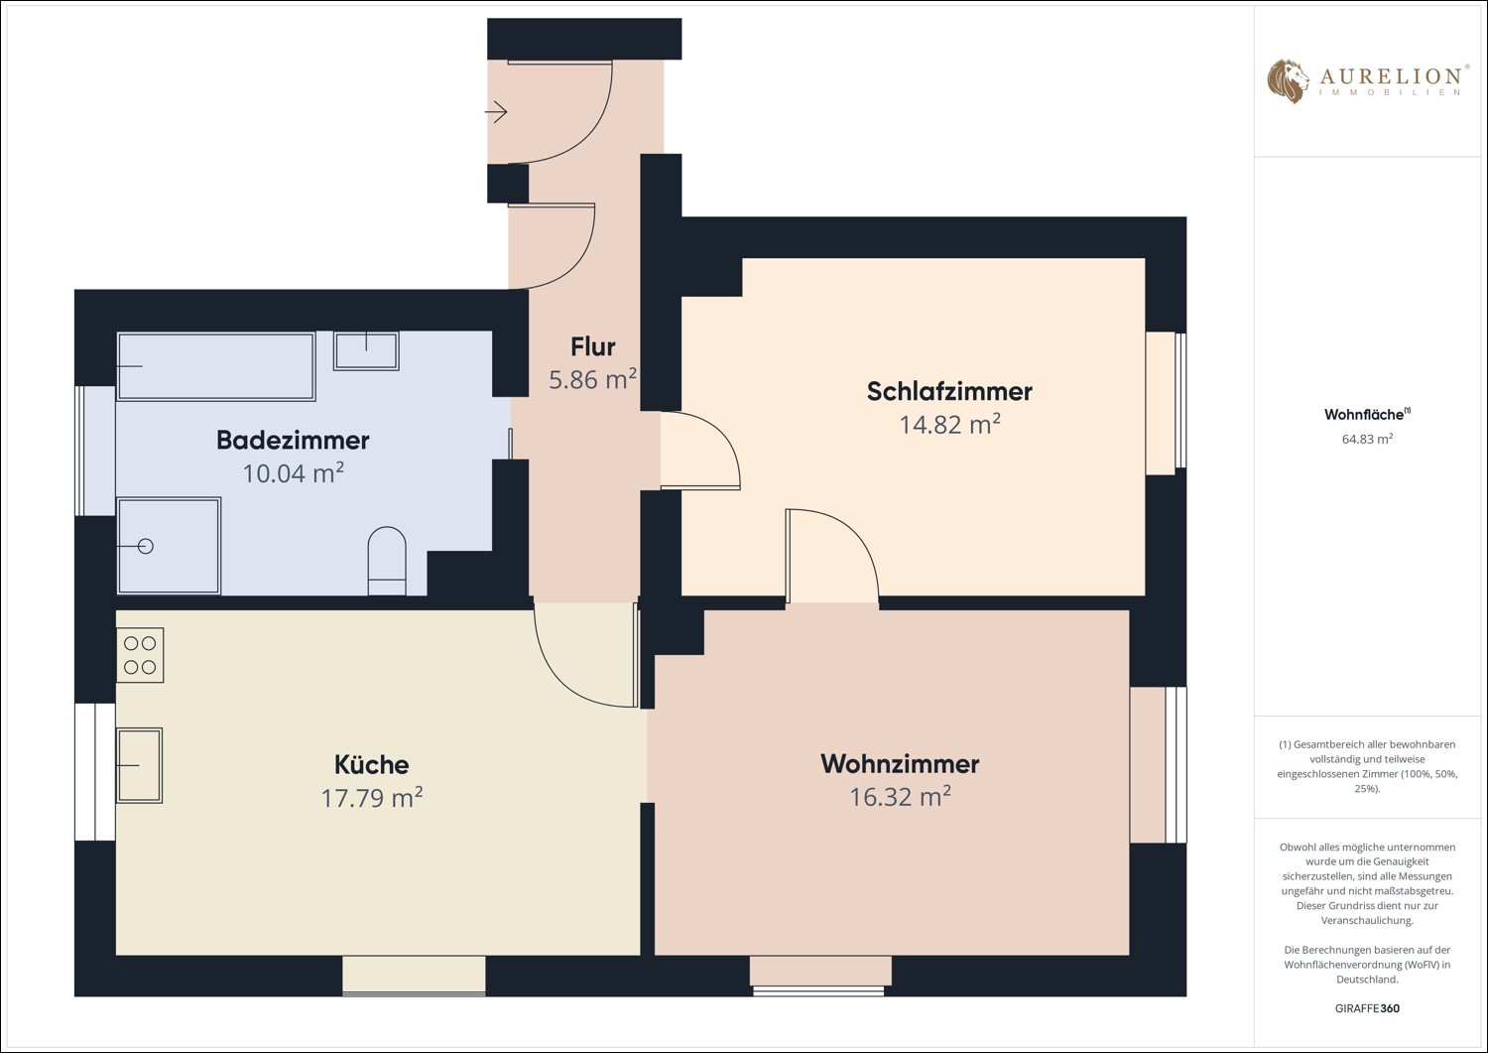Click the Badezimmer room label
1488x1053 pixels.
pos(293,440)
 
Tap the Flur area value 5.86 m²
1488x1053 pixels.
pos(592,379)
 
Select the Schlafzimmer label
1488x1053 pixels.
pos(949,392)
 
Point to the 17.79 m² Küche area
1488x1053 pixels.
pos(372,797)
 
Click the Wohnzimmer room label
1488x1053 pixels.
pos(900,764)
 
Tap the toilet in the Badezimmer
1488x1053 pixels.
pos(387,561)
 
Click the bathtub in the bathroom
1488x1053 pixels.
pos(216,366)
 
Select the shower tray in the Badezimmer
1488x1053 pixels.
pos(169,546)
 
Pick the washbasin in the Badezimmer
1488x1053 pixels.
pos(366,351)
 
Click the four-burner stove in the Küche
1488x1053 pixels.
pos(140,655)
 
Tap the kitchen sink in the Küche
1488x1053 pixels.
pos(140,765)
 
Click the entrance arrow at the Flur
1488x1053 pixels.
pos(496,112)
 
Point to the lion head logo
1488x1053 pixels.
pos(1288,81)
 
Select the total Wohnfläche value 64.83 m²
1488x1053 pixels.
pos(1367,439)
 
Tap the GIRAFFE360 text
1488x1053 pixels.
pos(1367,1008)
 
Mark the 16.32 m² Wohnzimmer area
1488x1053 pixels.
pos(900,796)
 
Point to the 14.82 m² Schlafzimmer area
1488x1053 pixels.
pos(950,424)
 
